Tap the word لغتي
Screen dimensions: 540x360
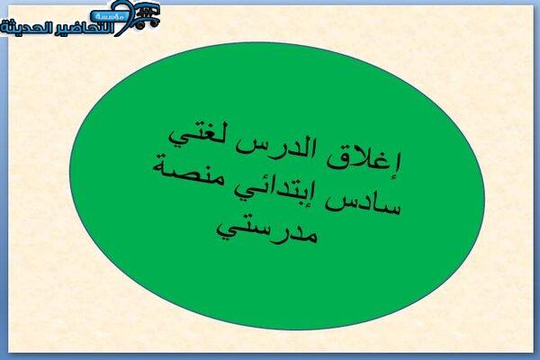click(x=199, y=136)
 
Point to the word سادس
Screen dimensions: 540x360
click(x=365, y=202)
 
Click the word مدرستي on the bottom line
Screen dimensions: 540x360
click(x=266, y=231)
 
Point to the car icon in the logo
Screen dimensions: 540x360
click(x=148, y=14)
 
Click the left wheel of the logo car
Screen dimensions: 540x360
click(x=140, y=25)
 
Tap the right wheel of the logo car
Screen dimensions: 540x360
click(x=154, y=23)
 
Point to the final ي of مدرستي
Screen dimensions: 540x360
click(x=228, y=231)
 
